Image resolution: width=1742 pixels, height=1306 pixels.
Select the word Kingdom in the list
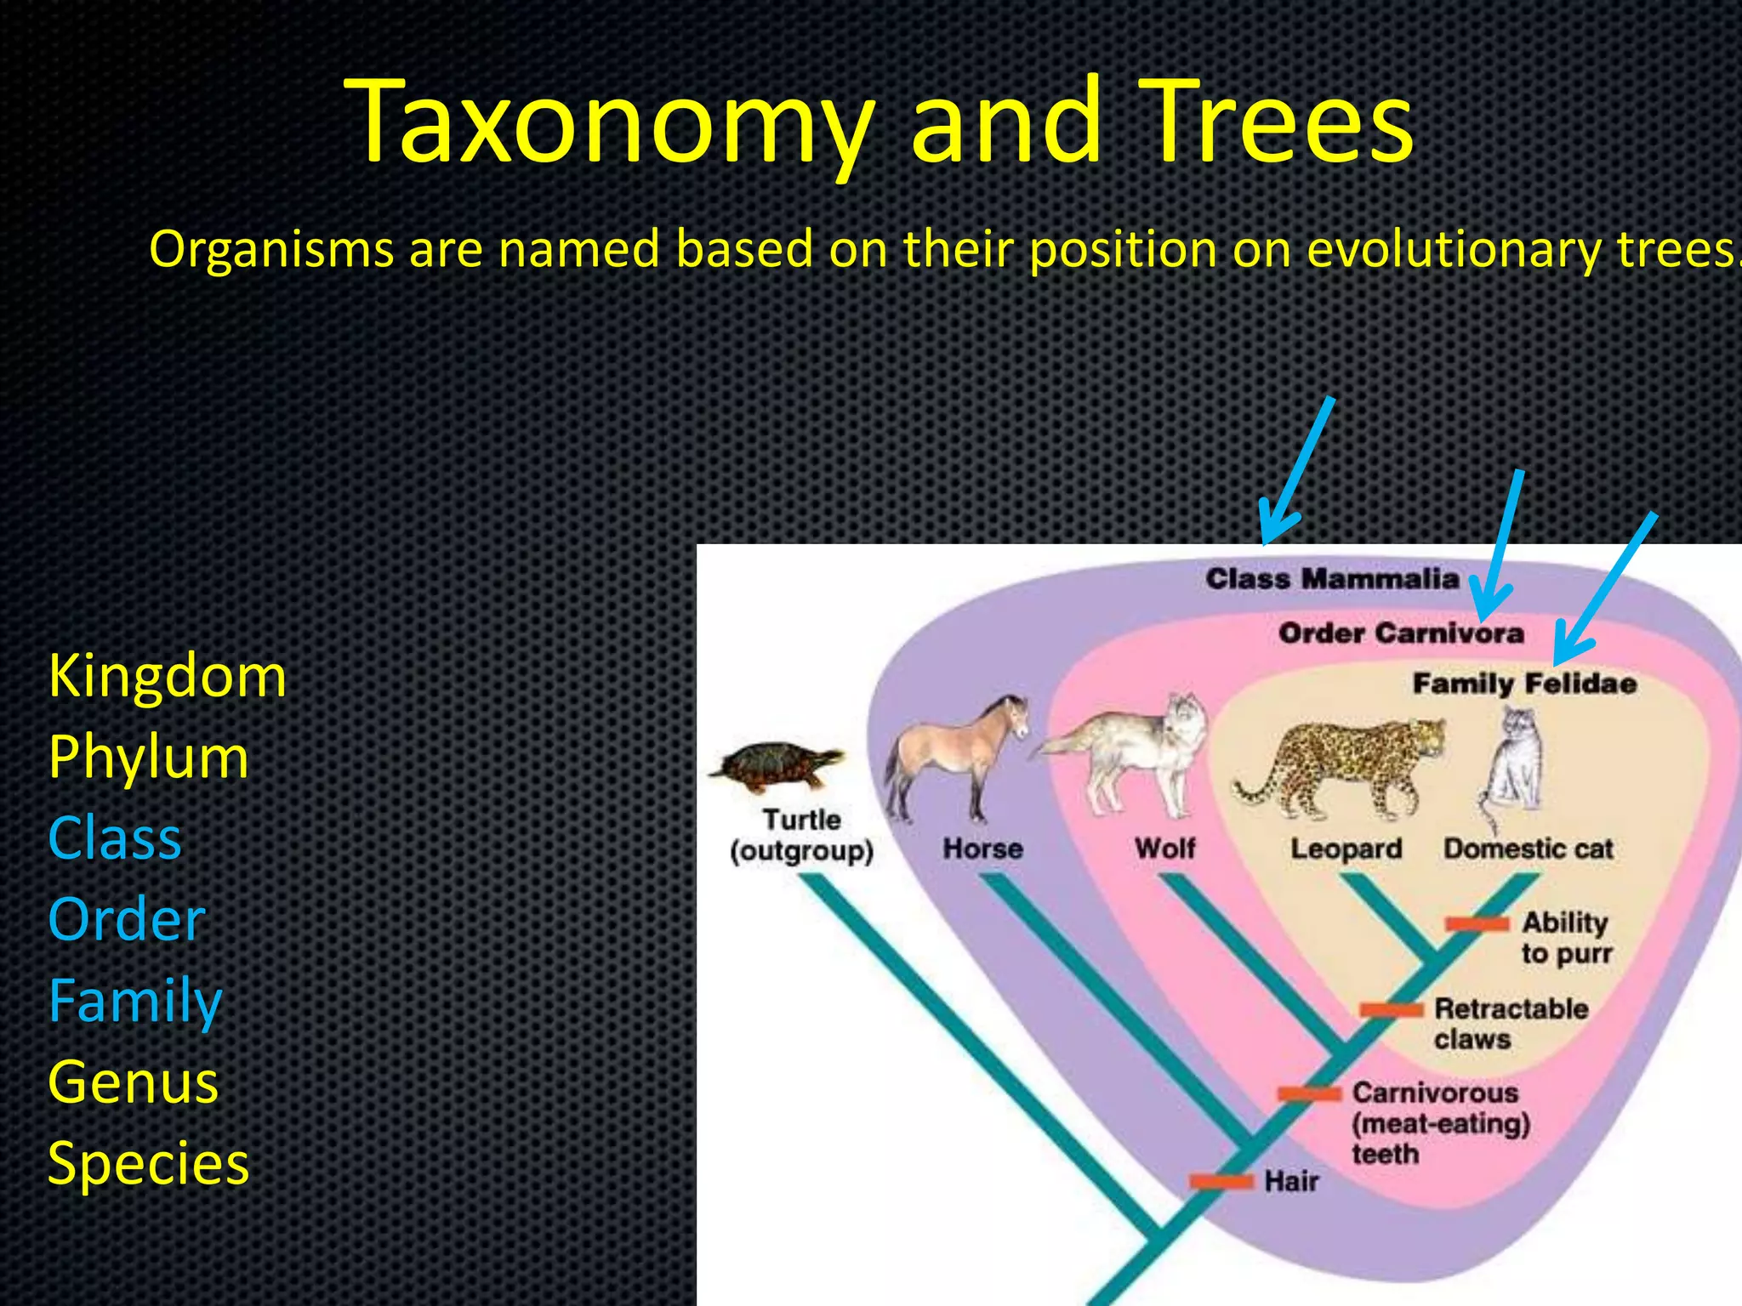click(x=168, y=677)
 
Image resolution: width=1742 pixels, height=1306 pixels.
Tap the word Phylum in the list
click(x=149, y=758)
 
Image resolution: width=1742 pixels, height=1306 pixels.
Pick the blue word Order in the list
click(x=127, y=920)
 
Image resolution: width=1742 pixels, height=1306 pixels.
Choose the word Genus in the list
click(x=134, y=1082)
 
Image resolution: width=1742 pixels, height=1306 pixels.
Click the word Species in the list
click(x=149, y=1163)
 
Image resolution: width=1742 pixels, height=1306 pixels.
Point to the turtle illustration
click(x=776, y=764)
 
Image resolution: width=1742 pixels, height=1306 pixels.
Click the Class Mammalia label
click(x=1332, y=580)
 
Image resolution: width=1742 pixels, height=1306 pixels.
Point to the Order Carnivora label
click(x=1400, y=633)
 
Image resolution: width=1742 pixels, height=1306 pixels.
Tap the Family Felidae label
click(x=1523, y=684)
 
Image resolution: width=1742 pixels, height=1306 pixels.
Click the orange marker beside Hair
click(x=1221, y=1181)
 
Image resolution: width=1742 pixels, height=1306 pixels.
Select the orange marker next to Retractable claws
click(x=1391, y=1009)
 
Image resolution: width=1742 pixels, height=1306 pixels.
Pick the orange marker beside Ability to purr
click(x=1477, y=923)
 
